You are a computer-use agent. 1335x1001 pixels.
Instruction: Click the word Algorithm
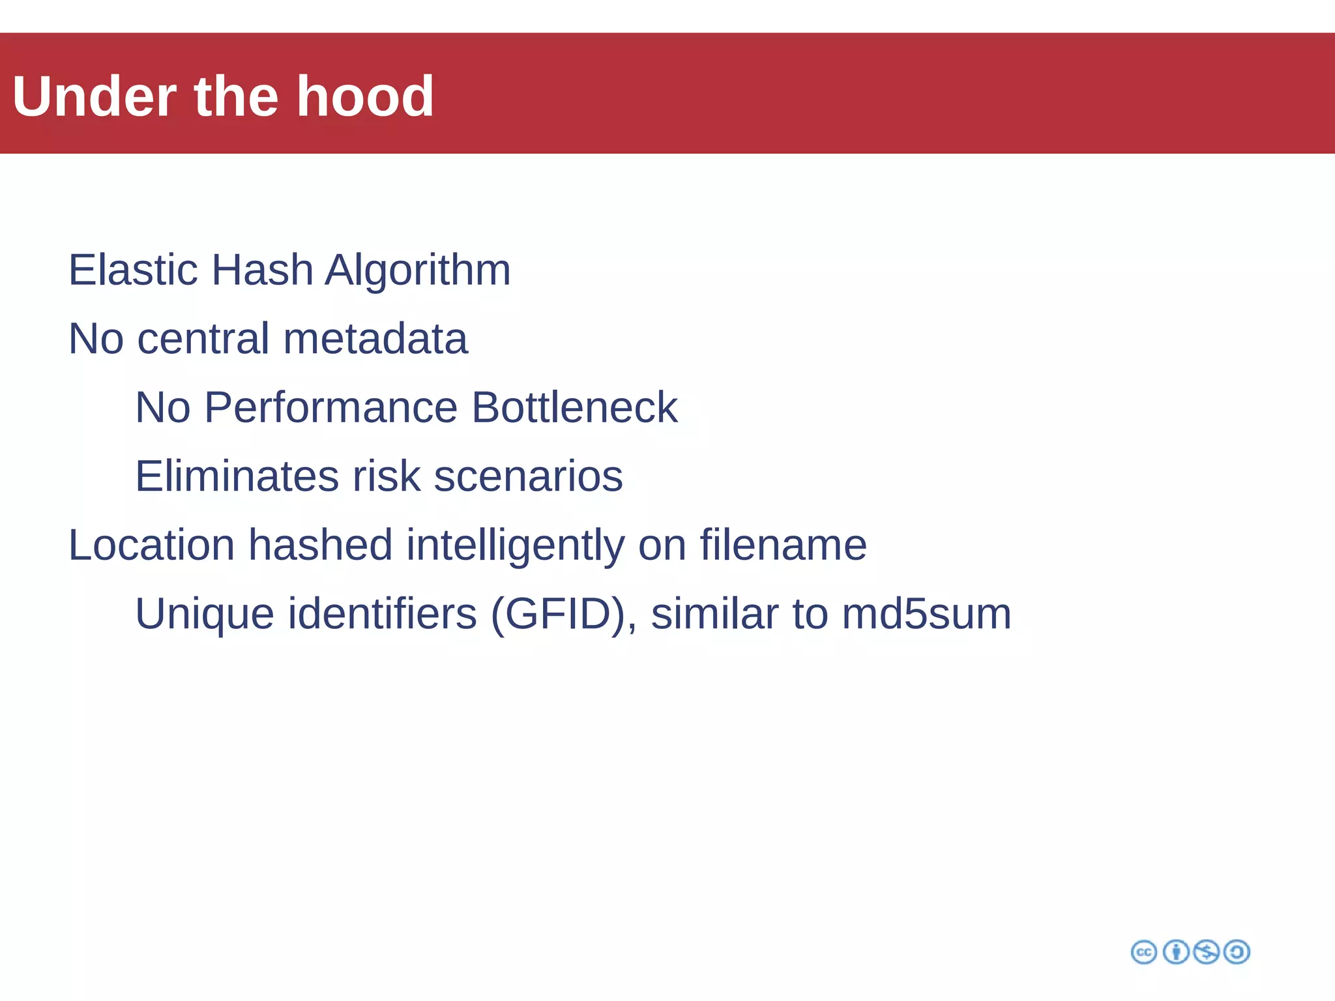417,270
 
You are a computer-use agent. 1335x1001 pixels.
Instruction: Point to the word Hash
262,270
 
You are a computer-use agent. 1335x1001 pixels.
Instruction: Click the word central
203,339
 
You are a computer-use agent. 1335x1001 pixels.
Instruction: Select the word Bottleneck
574,407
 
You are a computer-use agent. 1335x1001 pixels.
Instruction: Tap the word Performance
330,407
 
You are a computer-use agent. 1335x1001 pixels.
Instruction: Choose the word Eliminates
237,476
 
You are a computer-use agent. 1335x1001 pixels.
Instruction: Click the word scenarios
528,476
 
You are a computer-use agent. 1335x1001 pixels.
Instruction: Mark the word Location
151,545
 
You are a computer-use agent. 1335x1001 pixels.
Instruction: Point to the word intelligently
515,545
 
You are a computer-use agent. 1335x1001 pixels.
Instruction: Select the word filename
783,545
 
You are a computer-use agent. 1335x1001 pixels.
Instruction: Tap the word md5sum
926,614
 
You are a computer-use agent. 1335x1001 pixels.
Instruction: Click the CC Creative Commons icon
1144,952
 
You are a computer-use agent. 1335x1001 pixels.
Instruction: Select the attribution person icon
1176,952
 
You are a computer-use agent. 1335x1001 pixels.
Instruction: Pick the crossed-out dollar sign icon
1206,952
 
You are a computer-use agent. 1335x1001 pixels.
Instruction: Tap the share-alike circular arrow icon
1237,952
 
